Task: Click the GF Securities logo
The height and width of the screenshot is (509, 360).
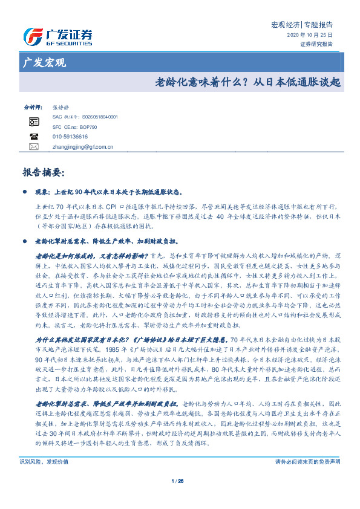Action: pyautogui.click(x=57, y=36)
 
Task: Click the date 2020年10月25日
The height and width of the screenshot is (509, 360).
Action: pyautogui.click(x=309, y=36)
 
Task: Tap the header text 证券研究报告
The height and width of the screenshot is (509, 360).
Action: pyautogui.click(x=316, y=44)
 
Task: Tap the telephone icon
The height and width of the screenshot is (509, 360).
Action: pyautogui.click(x=34, y=137)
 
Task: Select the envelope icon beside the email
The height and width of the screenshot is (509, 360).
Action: pyautogui.click(x=34, y=146)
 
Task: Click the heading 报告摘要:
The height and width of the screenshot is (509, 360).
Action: pyautogui.click(x=42, y=173)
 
